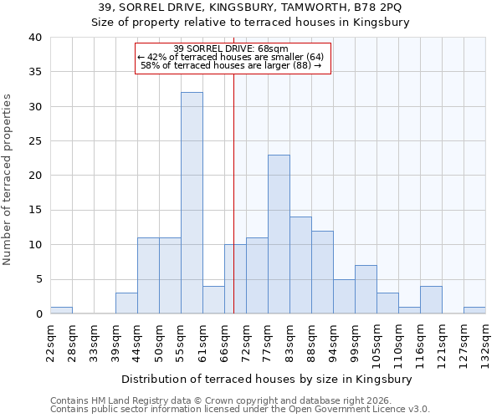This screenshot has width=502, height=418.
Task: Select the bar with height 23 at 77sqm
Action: pos(279,234)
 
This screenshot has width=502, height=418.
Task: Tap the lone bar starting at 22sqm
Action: pos(61,310)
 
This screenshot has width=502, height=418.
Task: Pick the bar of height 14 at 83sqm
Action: pos(300,265)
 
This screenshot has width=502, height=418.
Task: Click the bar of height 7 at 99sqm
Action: pos(366,289)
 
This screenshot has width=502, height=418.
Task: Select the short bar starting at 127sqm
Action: pos(474,310)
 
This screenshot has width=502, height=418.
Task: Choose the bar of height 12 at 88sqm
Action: pos(322,272)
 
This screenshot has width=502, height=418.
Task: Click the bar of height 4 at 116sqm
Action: pos(431,300)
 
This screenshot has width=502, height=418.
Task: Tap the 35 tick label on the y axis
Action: pos(35,72)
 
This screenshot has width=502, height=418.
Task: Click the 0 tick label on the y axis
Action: pos(38,314)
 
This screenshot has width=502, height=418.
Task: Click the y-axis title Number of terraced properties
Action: pos(8,179)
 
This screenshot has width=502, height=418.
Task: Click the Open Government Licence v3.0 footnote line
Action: pos(239,409)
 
